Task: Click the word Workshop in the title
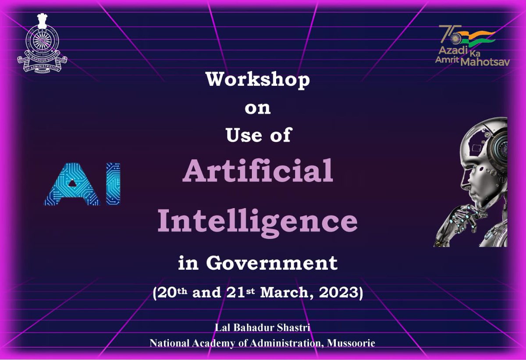258,80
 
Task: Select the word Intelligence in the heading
258,221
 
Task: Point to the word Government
272,263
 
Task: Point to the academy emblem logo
42,45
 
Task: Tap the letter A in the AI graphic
73,184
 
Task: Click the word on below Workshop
258,108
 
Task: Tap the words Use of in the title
258,135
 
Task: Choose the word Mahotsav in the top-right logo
485,63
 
